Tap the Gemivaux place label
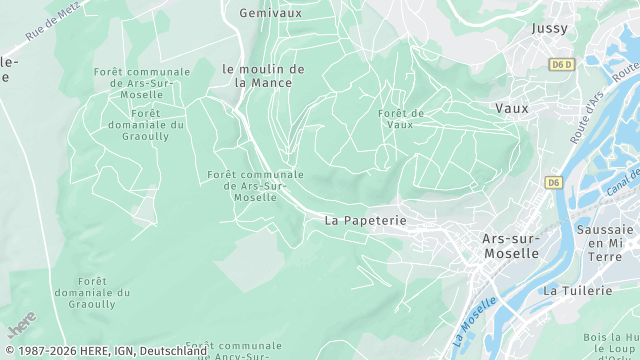(x=270, y=13)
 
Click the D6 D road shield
(x=563, y=64)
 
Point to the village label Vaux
(x=512, y=107)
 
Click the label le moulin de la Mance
(x=263, y=76)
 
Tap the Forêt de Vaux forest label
(x=401, y=119)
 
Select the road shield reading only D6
(x=554, y=182)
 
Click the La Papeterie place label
(x=364, y=219)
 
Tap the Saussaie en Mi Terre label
(x=605, y=243)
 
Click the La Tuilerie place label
(x=576, y=290)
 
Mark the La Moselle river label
(x=475, y=317)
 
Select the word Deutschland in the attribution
(x=173, y=351)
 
